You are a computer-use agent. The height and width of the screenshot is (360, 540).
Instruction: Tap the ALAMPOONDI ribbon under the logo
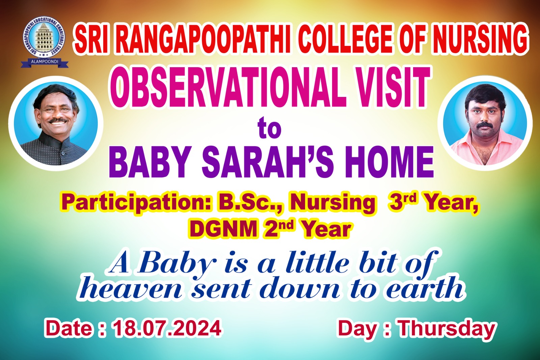45,62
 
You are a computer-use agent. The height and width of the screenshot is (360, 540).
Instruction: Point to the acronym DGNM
223,229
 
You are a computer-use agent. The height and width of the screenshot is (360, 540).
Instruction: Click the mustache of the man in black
57,120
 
